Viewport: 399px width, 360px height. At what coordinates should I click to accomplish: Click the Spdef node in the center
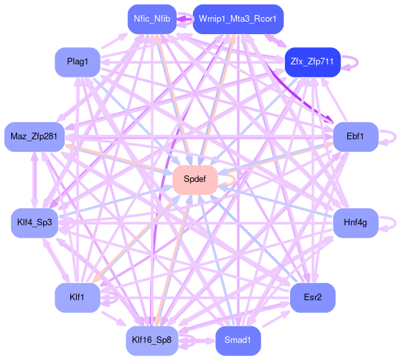tap(195, 179)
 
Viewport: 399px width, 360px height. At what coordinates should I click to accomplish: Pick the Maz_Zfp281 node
tap(33, 137)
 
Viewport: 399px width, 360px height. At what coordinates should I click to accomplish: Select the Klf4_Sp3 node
tap(35, 223)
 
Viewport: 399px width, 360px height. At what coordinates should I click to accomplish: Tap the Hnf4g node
tap(355, 223)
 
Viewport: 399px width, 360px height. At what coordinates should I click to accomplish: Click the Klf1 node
tap(77, 298)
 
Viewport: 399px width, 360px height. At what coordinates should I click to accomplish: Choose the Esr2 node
tap(313, 298)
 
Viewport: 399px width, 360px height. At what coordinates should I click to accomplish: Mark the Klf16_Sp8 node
tap(152, 340)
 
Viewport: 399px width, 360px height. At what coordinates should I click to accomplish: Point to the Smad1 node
tap(238, 340)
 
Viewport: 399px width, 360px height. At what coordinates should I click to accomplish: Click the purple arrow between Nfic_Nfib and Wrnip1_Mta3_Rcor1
tap(184, 18)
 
